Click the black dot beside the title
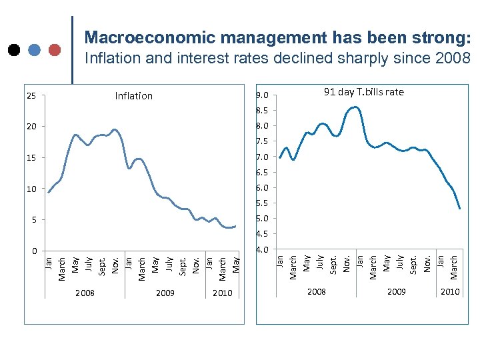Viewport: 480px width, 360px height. [x=13, y=49]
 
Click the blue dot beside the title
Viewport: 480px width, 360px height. [x=34, y=49]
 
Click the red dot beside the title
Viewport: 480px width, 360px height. [x=55, y=49]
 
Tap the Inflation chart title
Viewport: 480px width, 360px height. [x=133, y=96]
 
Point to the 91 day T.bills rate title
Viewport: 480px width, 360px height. [x=363, y=92]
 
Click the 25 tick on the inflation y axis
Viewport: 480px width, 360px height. [x=31, y=96]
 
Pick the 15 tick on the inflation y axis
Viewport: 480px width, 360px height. [x=31, y=158]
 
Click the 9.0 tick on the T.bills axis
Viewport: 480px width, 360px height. [x=263, y=95]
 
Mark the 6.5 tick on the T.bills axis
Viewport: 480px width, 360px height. [x=263, y=173]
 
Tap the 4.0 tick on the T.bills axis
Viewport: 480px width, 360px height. [x=263, y=250]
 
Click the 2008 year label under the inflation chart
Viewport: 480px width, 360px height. [x=85, y=293]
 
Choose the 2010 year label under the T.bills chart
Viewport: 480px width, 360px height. [x=450, y=292]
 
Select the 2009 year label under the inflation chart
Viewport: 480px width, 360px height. [x=165, y=293]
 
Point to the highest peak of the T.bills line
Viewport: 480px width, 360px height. [x=355, y=107]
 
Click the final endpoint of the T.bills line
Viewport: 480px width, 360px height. [x=460, y=209]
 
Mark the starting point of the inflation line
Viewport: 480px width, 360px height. [x=49, y=192]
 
